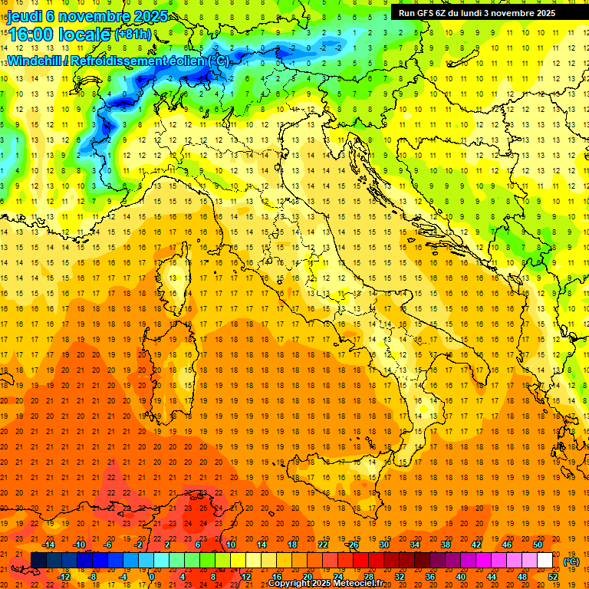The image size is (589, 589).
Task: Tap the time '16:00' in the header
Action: pos(30,35)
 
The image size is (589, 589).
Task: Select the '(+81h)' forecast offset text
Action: pos(133,35)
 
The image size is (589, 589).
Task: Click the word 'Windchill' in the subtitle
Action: pos(34,61)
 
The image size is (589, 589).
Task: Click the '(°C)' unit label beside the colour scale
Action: pos(571,561)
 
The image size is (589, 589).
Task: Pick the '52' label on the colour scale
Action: pos(553,577)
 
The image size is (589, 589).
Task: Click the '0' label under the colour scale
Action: pos(152,577)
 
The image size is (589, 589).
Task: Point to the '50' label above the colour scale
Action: pos(538,544)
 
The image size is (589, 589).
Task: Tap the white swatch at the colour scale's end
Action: pos(545,561)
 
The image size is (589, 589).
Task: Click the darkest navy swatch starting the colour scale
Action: pos(38,561)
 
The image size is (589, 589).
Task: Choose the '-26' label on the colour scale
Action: pos(352,544)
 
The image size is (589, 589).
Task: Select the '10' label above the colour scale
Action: pos(231,544)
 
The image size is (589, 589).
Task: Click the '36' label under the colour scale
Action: pos(430,577)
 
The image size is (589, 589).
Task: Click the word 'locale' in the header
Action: pos(84,35)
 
